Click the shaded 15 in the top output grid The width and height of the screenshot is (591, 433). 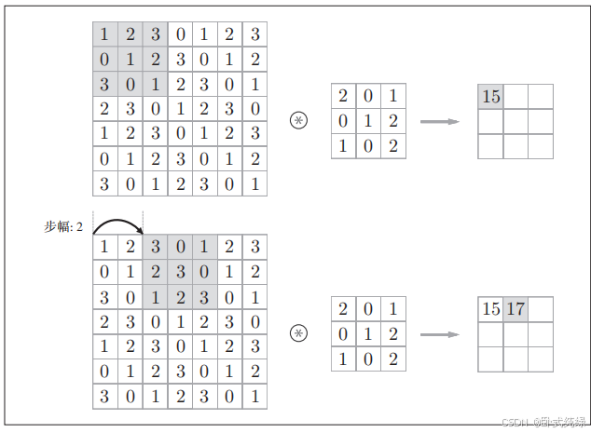click(x=490, y=96)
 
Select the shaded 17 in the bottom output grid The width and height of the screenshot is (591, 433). click(x=515, y=309)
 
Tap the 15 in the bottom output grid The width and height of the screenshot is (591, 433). click(x=490, y=309)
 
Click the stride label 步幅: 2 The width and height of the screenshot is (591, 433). click(x=63, y=226)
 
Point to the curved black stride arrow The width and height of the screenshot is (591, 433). click(x=117, y=223)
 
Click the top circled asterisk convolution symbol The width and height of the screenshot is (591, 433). click(x=298, y=121)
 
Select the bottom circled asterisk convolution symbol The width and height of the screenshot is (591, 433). click(x=298, y=333)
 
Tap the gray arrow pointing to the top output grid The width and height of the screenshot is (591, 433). click(x=440, y=121)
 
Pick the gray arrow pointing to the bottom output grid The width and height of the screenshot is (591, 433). click(x=440, y=333)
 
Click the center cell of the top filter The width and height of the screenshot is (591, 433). click(x=368, y=120)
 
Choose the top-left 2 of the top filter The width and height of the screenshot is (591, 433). click(x=343, y=95)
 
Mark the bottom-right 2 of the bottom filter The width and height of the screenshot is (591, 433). click(x=393, y=359)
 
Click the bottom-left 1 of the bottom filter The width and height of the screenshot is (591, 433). click(x=343, y=359)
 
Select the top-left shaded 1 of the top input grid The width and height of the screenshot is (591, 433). click(x=104, y=34)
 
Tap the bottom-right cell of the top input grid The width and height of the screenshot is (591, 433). click(x=254, y=183)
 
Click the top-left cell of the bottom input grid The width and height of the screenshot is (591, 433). click(x=104, y=247)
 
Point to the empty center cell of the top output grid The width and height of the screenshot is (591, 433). click(x=515, y=121)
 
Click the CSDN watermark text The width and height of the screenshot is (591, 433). click(x=541, y=422)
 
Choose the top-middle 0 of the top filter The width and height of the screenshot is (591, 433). click(x=368, y=95)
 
